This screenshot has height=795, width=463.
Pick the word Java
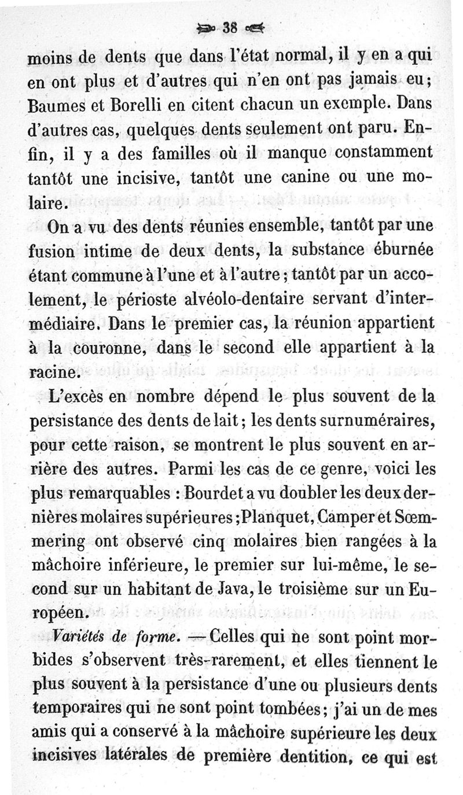click(x=212, y=592)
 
